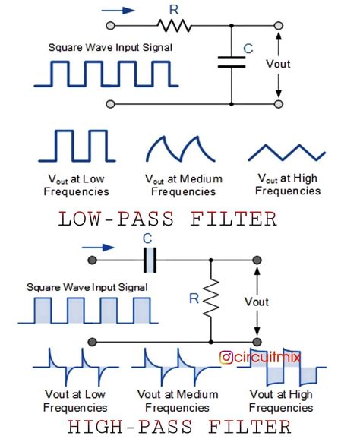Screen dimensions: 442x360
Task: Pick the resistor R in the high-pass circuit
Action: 210,300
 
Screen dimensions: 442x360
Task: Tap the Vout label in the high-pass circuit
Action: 257,302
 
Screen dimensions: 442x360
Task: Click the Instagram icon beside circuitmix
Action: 226,356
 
